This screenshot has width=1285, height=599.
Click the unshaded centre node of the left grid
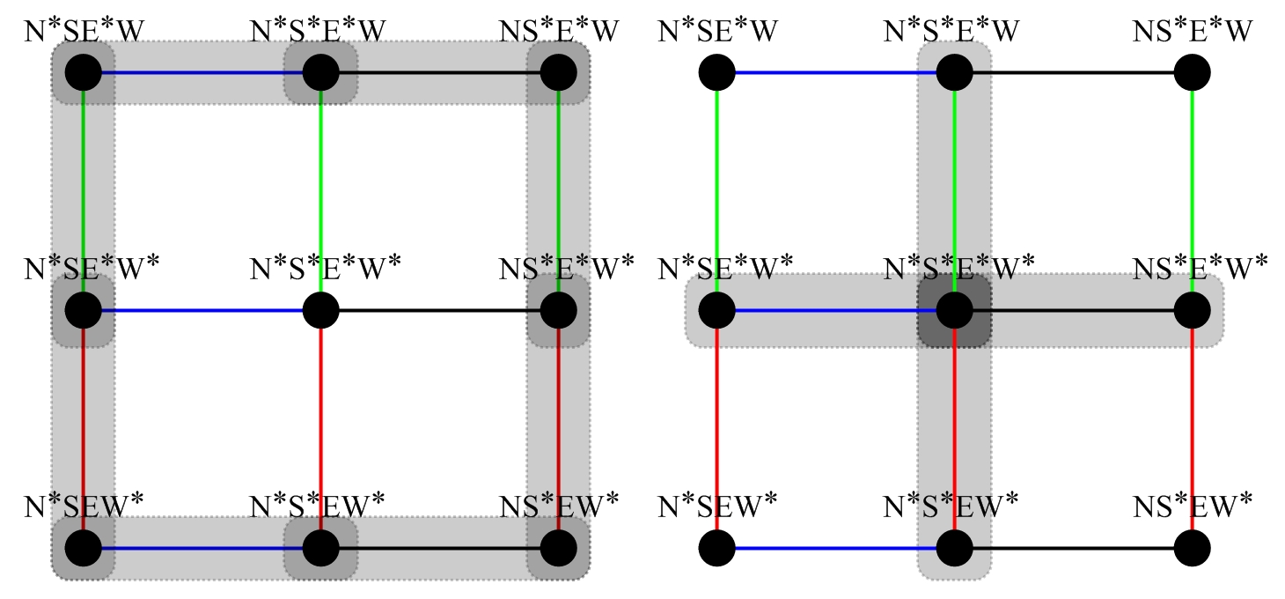point(320,310)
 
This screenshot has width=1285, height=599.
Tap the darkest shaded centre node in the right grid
point(954,310)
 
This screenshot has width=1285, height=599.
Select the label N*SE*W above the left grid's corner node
point(84,32)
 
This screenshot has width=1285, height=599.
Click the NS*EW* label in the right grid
point(1193,507)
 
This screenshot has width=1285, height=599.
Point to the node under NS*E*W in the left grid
point(558,72)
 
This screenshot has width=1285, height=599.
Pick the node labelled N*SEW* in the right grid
point(717,548)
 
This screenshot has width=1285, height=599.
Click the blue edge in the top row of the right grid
point(836,72)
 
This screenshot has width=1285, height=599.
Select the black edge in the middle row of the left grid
point(440,310)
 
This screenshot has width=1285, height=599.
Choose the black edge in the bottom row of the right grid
point(1074,548)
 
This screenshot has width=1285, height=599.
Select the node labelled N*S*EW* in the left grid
point(320,548)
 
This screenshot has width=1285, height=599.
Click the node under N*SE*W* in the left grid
point(83,310)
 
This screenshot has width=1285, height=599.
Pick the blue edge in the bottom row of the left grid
point(202,548)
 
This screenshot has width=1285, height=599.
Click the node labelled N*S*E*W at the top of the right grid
point(954,72)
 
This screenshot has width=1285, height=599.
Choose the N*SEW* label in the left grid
point(84,507)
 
